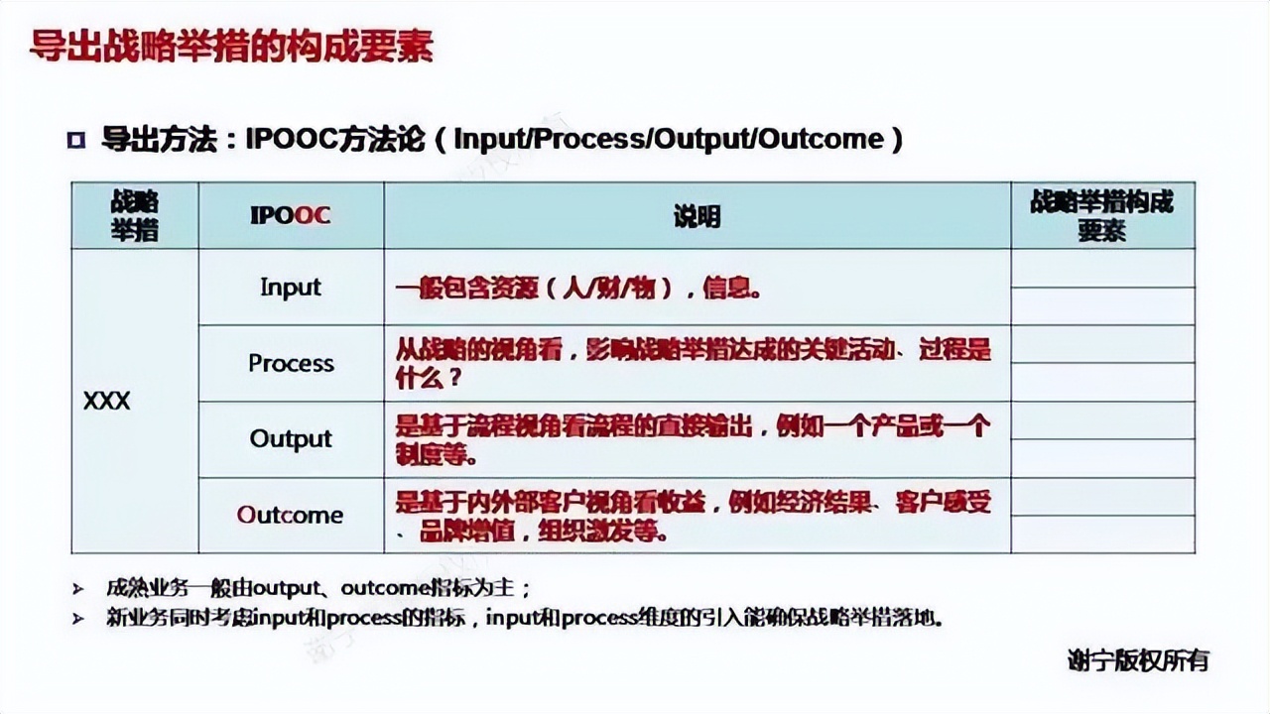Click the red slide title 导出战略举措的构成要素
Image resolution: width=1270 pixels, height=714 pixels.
point(231,47)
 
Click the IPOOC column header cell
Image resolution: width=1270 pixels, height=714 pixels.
point(291,215)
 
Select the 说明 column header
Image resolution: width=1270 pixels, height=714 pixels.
point(697,215)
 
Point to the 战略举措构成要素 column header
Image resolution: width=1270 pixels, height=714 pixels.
point(1101,215)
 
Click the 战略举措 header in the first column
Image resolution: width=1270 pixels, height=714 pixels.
point(134,215)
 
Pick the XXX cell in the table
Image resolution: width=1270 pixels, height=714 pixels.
point(107,402)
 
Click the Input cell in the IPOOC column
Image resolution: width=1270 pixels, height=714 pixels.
point(291,287)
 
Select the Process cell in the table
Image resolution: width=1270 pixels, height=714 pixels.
point(291,363)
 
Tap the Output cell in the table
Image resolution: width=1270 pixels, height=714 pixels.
point(291,438)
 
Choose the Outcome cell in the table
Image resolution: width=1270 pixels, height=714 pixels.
point(291,515)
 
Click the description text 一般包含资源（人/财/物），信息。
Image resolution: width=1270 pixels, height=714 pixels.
point(578,289)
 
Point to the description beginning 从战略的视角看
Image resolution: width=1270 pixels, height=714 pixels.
point(693,363)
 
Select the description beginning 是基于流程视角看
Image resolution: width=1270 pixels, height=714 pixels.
point(693,439)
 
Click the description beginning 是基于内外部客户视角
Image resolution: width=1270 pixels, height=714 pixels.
point(693,516)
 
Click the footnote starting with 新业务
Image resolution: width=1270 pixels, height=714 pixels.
point(524,618)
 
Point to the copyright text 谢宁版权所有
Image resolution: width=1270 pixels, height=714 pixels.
point(1138,660)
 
